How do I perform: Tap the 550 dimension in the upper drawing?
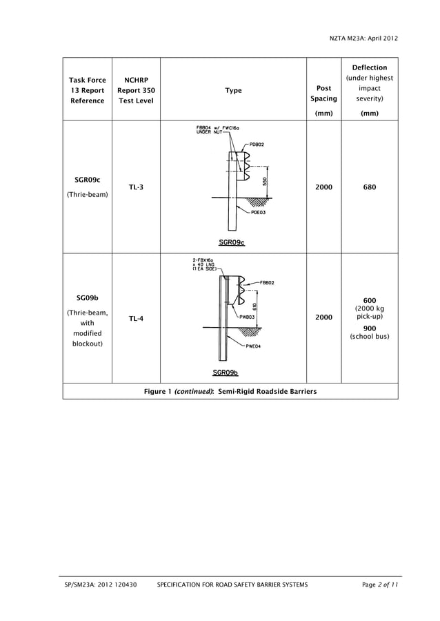tap(265, 180)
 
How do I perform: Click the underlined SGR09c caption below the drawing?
tap(232, 242)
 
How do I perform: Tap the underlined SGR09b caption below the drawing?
tap(226, 372)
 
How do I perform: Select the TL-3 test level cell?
tap(136, 187)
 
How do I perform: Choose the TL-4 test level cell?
tap(136, 319)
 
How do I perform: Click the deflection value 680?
tap(370, 187)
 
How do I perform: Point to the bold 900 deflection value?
tap(370, 328)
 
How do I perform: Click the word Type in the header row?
tap(233, 91)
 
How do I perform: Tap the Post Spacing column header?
tap(323, 94)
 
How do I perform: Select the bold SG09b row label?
tap(87, 298)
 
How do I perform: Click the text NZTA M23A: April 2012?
tap(364, 39)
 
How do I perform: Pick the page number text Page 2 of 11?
tap(380, 585)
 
